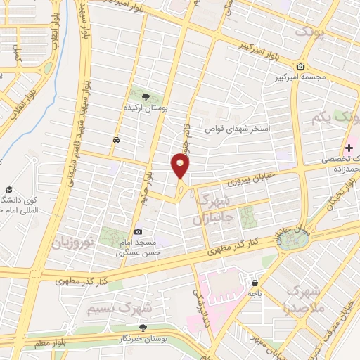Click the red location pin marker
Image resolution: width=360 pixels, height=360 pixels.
(180, 167)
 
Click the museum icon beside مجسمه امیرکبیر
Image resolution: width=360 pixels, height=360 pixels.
(301, 67)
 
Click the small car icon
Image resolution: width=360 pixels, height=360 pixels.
(115, 140)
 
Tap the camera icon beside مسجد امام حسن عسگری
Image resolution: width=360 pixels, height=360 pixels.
(138, 232)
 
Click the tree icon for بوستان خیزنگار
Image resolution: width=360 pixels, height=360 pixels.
(143, 328)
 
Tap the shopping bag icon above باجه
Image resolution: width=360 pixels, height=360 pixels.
(254, 283)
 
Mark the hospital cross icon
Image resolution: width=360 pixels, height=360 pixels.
(349, 147)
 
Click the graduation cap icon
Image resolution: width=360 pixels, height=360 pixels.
(10, 190)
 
